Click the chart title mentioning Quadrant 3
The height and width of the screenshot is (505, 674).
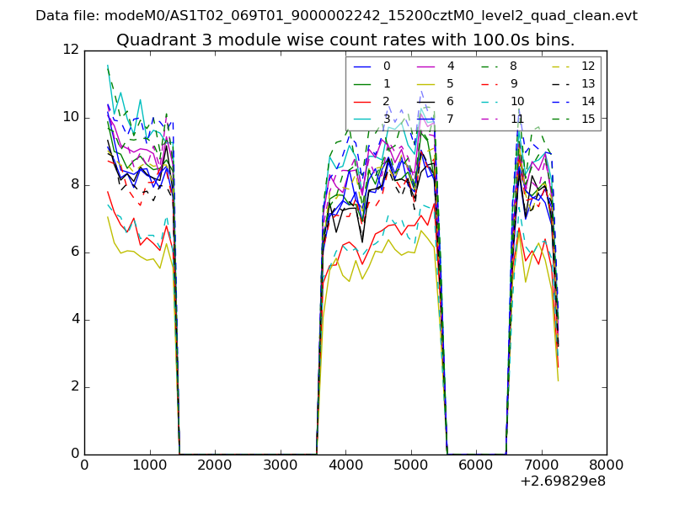click(345, 40)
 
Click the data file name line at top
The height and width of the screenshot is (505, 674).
click(336, 16)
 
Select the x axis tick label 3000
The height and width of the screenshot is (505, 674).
click(280, 464)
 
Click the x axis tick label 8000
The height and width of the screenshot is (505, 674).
click(607, 464)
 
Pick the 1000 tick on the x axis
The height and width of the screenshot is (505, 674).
click(149, 464)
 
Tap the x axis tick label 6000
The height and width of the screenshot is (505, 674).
click(476, 464)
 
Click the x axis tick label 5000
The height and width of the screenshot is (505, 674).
click(410, 464)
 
